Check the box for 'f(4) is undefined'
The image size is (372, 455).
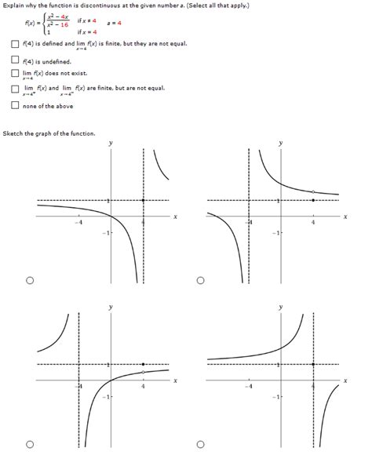click(x=15, y=61)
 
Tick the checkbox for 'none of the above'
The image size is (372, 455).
click(x=15, y=106)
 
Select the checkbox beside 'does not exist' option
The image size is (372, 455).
click(x=15, y=75)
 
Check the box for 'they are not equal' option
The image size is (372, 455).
click(x=15, y=43)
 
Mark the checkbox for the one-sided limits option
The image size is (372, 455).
click(x=15, y=89)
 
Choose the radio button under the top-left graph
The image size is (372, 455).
click(x=30, y=279)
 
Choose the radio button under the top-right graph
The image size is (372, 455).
click(x=201, y=279)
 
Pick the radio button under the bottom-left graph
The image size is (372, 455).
click(x=30, y=445)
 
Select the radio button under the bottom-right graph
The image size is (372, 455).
click(x=201, y=445)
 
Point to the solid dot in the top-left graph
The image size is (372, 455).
click(x=143, y=200)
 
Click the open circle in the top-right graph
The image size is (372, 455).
click(x=312, y=191)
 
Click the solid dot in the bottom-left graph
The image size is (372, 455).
click(x=143, y=365)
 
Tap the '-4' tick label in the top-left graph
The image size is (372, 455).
click(x=78, y=222)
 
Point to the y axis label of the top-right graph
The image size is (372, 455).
click(x=280, y=144)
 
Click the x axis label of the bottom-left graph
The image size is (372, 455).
click(x=175, y=381)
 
